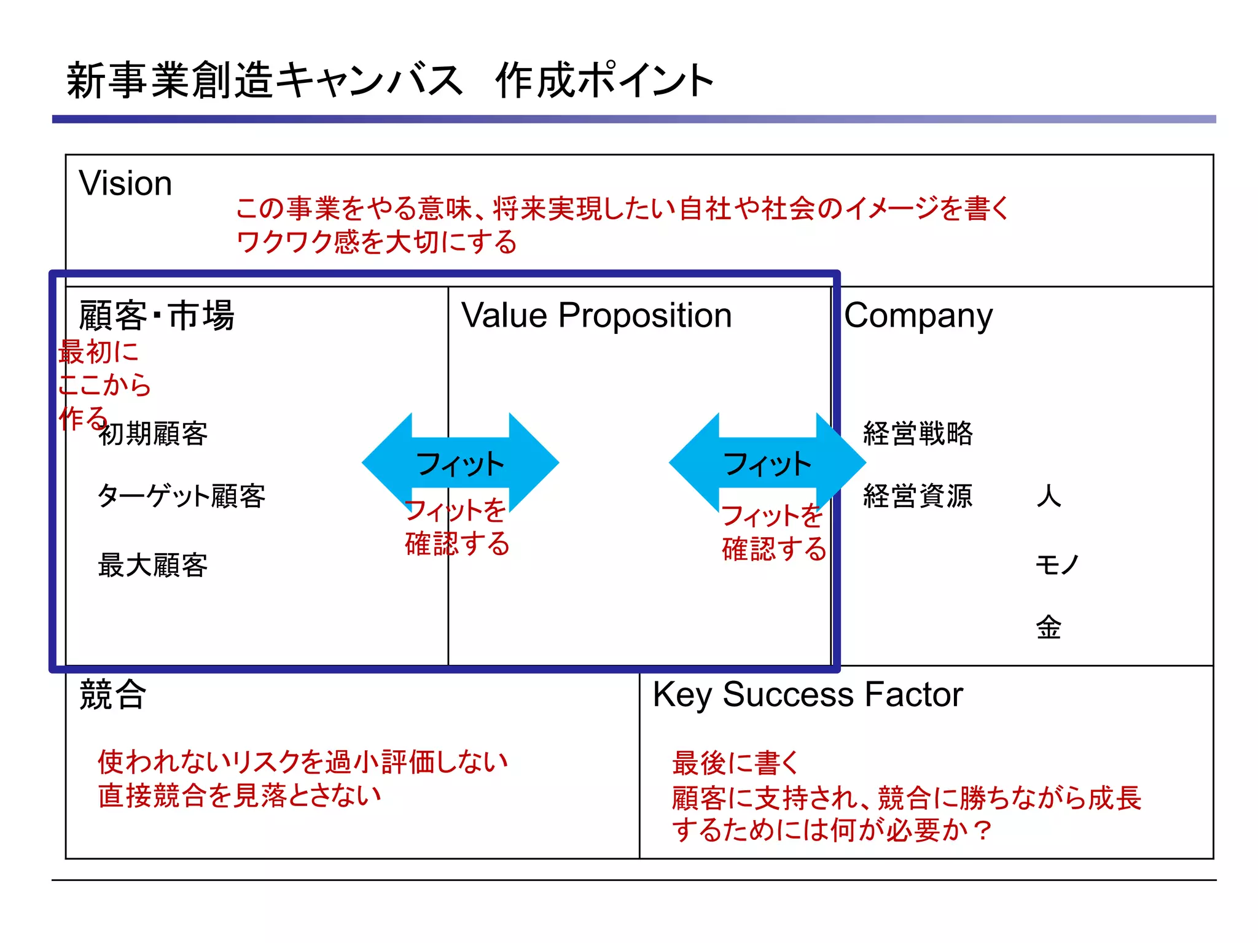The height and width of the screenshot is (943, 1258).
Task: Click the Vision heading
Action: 125,183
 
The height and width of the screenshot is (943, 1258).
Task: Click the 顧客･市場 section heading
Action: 157,316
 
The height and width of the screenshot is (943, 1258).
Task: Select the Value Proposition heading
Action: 596,316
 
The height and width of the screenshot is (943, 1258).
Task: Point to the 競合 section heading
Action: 112,695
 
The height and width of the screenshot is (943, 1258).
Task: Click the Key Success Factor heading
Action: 807,695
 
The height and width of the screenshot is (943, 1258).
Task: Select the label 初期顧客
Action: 153,433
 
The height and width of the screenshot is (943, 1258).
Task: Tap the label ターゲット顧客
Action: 181,496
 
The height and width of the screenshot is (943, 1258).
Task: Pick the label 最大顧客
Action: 153,565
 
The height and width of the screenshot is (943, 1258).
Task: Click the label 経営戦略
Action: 918,433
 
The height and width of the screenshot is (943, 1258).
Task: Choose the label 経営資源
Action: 918,496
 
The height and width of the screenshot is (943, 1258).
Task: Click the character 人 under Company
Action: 1049,496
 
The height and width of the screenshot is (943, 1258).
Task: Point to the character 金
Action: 1049,627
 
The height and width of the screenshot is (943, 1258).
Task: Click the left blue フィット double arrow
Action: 460,463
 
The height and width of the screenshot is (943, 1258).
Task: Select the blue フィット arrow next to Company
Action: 767,463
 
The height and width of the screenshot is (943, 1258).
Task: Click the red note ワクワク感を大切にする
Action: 377,242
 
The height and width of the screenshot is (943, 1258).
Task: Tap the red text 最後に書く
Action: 735,763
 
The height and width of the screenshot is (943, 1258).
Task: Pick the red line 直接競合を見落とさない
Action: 240,796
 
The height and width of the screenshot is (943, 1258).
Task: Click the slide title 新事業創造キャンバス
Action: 264,80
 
